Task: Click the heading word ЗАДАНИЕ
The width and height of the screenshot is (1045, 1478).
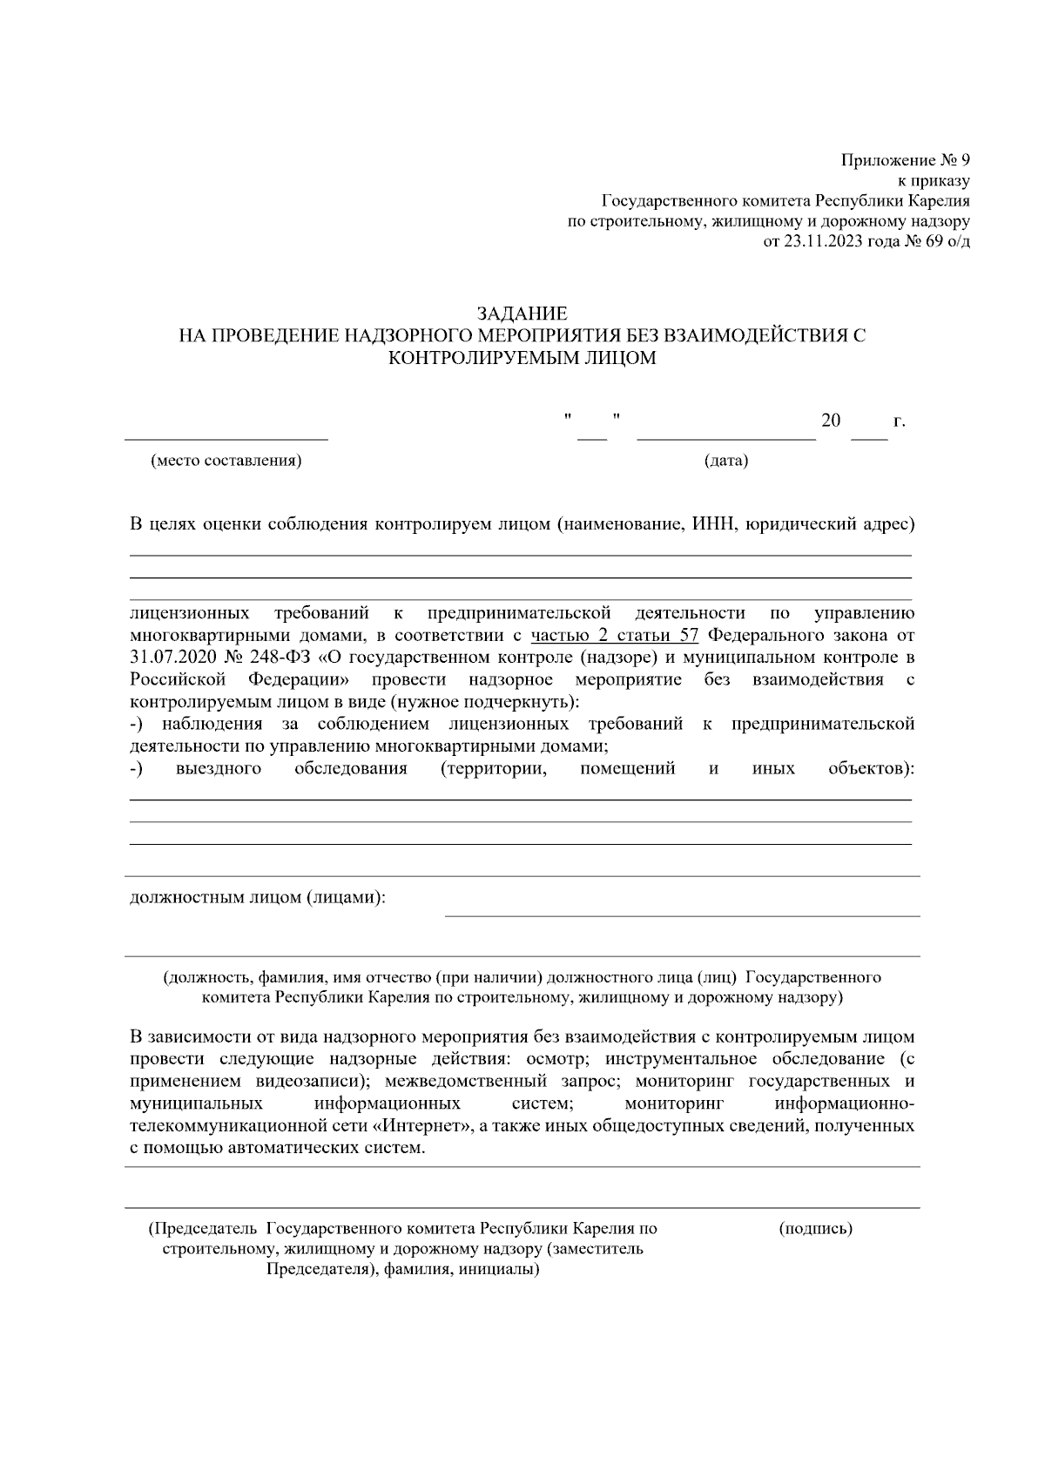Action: tap(522, 314)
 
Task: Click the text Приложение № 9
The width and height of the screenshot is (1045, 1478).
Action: tap(905, 160)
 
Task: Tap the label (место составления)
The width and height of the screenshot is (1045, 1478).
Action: tap(226, 461)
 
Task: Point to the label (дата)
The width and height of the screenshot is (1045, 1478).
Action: tap(725, 461)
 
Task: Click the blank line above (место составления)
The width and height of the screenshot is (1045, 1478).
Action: tap(226, 438)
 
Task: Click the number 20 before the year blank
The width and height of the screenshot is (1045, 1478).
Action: tap(831, 422)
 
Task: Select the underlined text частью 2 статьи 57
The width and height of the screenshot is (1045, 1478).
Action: tap(615, 635)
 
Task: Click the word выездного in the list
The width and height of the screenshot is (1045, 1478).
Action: tap(219, 768)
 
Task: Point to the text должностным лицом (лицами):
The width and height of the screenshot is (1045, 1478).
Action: tap(258, 897)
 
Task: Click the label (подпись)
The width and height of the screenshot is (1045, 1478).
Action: tap(816, 1229)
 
